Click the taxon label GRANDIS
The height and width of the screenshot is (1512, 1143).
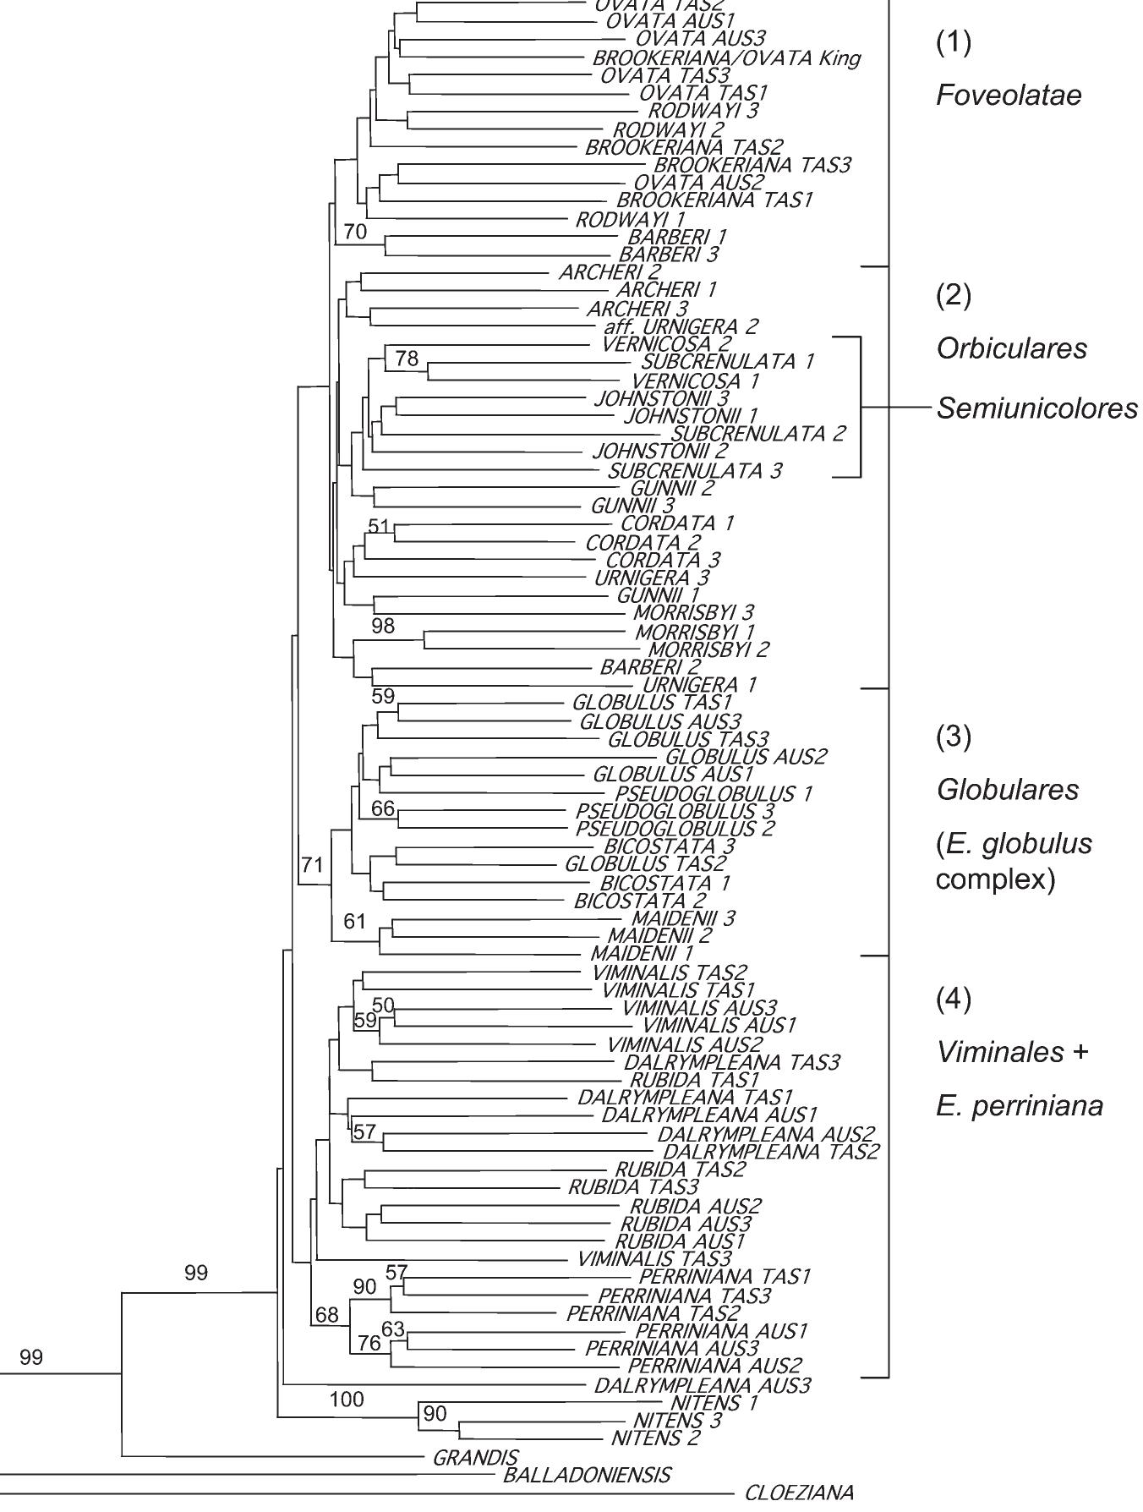pyautogui.click(x=474, y=1457)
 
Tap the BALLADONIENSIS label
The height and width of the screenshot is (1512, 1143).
pyautogui.click(x=587, y=1476)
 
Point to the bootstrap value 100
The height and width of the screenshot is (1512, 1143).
pyautogui.click(x=347, y=1400)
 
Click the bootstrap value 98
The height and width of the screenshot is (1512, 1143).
pyautogui.click(x=383, y=627)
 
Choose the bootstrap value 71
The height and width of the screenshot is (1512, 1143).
pyautogui.click(x=313, y=864)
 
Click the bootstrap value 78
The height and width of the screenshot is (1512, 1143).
pyautogui.click(x=407, y=359)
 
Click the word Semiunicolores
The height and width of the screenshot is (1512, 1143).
pyautogui.click(x=1037, y=409)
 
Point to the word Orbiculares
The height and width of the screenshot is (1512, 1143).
pyautogui.click(x=1012, y=348)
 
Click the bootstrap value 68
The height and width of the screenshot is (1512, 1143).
pyautogui.click(x=326, y=1315)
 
